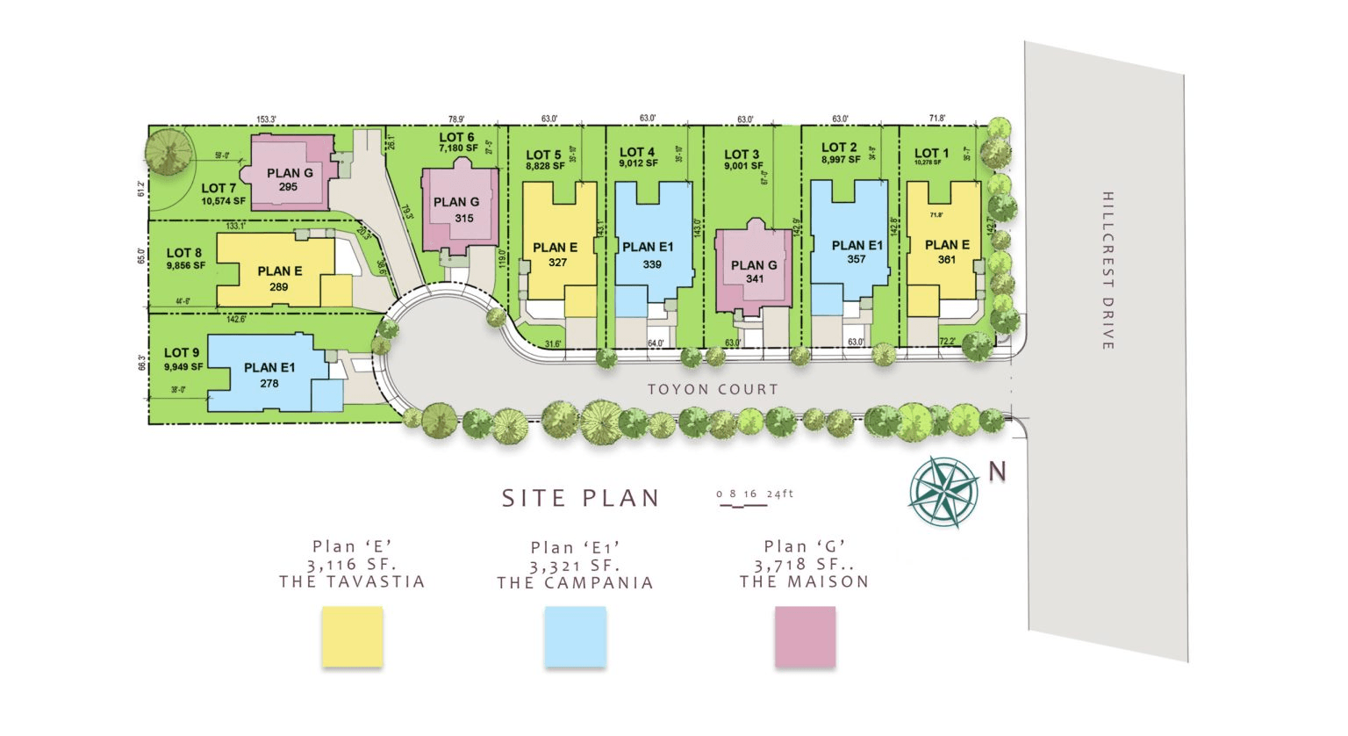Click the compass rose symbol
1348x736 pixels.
(x=944, y=492)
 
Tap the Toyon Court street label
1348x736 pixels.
(x=713, y=389)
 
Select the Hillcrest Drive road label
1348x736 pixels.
(x=1108, y=271)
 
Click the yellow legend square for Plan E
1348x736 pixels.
(x=352, y=636)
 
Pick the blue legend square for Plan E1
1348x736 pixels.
(x=575, y=636)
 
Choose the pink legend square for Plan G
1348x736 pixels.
(x=805, y=636)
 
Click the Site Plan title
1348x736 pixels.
(x=581, y=498)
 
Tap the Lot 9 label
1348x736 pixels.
(x=183, y=353)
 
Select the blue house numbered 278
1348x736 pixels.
(x=269, y=376)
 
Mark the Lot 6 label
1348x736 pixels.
(x=457, y=137)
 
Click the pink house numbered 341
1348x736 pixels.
(x=754, y=271)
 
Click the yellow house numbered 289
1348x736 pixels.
(x=279, y=275)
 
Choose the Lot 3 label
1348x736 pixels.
(x=742, y=155)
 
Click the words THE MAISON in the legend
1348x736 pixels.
(x=804, y=581)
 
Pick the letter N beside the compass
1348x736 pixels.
(x=997, y=472)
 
